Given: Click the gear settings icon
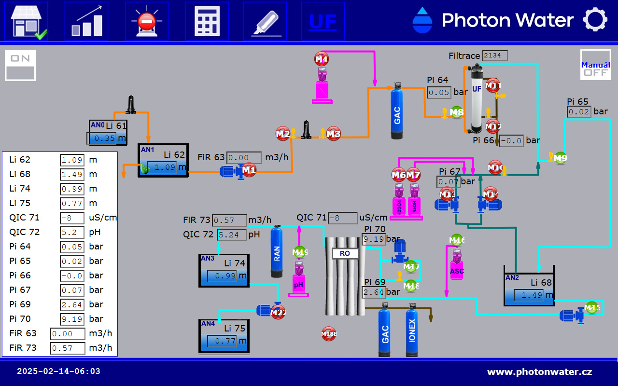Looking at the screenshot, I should [595, 20].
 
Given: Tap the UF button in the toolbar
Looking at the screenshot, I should [323, 21].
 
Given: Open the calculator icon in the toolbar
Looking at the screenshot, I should [207, 21].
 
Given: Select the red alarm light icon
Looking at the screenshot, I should [146, 21].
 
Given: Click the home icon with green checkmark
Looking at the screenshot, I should [27, 21].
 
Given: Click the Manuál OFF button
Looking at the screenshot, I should [595, 65].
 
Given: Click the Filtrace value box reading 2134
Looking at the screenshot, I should [495, 55].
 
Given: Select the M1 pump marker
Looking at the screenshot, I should [249, 169].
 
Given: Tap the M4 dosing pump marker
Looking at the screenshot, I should [322, 59].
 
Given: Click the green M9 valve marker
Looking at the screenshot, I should [560, 158].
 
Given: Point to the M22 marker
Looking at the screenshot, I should [278, 313].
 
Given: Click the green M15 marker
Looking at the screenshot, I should [592, 307].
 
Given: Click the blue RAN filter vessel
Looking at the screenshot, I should [276, 252].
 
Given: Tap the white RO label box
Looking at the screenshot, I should [345, 253].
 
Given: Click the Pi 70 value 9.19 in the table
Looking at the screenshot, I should [72, 319].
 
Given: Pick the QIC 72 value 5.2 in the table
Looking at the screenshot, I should [72, 232].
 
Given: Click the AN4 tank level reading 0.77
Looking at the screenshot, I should [224, 341].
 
